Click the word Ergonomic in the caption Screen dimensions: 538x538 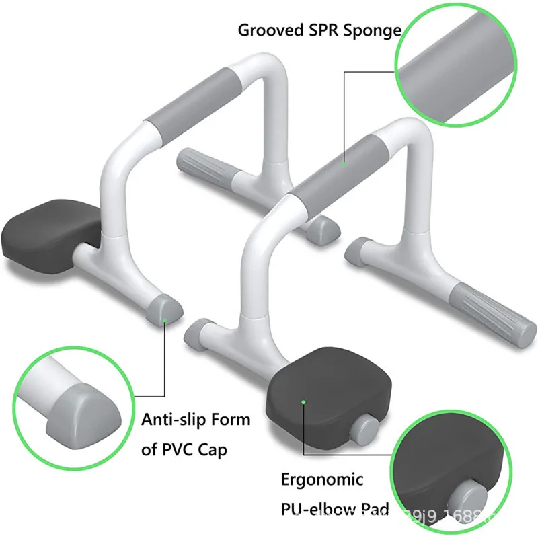322,480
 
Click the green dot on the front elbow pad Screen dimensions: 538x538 304,402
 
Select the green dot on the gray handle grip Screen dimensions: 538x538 344,162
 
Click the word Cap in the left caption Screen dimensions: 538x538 214,450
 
